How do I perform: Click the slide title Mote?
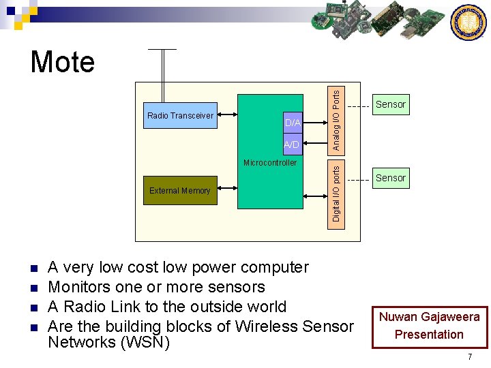(x=63, y=63)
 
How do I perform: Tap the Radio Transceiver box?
(x=180, y=116)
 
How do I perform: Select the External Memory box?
(x=180, y=191)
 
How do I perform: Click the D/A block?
(x=292, y=123)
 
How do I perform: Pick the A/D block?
(x=292, y=145)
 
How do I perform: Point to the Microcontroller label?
(x=270, y=163)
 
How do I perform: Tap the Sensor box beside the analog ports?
(x=391, y=104)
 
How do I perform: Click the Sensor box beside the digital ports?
(x=391, y=178)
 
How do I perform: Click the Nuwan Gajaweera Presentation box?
(x=429, y=326)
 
